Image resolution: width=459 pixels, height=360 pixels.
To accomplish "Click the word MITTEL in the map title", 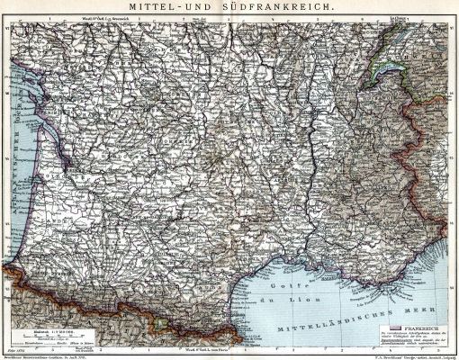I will tap(155, 7).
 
